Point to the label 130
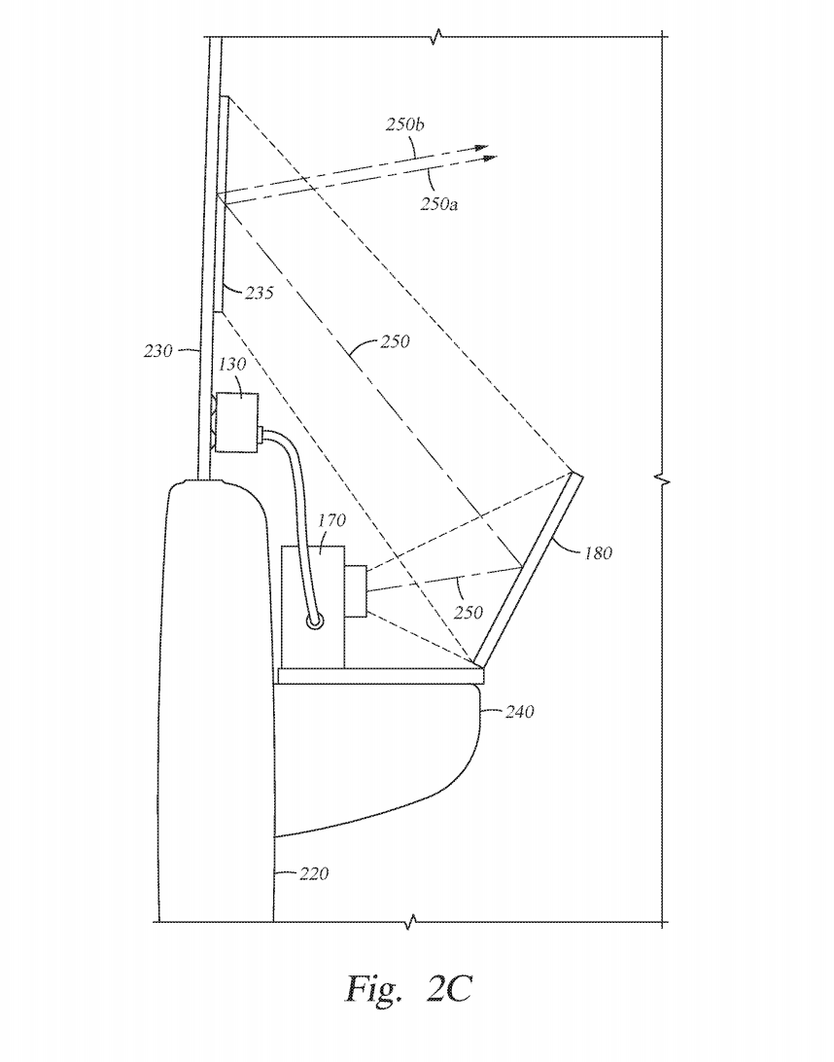click(232, 364)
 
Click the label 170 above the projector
click(331, 521)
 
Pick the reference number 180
click(598, 554)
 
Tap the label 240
click(519, 712)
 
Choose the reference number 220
click(313, 874)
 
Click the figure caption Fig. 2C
click(408, 988)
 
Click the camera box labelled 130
click(236, 422)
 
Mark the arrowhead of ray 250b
click(482, 148)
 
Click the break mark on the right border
click(663, 479)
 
